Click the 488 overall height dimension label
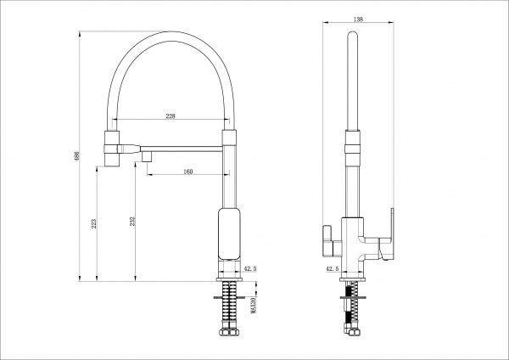77,156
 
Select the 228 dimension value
171,116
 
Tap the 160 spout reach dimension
188,172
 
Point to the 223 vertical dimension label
93,223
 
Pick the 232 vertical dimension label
132,222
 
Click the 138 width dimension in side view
358,20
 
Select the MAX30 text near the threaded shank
254,306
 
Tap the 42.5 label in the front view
250,268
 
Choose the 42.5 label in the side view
332,268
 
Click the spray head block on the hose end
112,149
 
